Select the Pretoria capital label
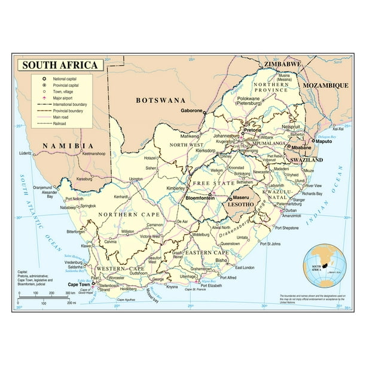[251, 129]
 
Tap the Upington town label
[136, 179]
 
